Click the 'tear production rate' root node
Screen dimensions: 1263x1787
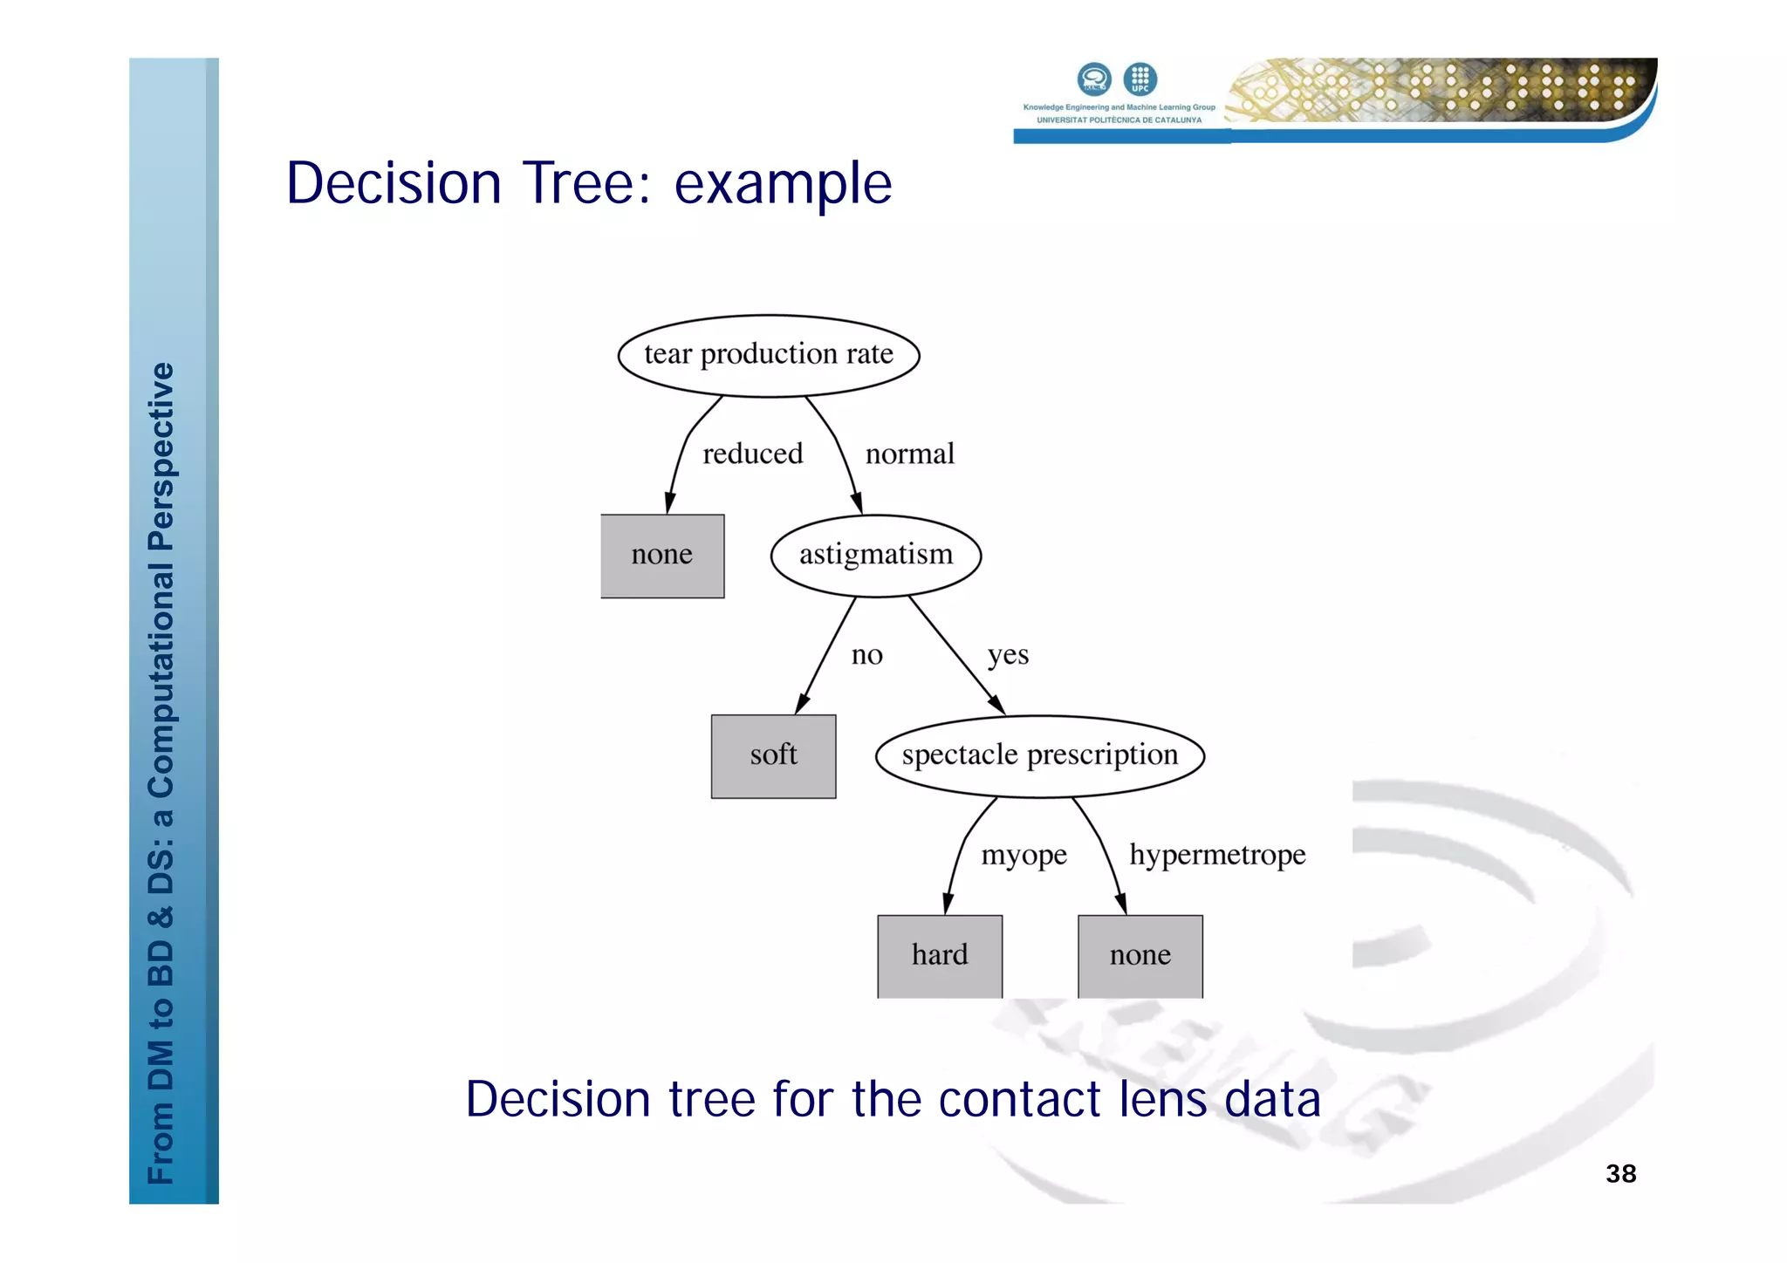tap(769, 355)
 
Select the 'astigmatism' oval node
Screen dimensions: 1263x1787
tap(876, 555)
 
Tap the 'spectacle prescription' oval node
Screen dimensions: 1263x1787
tap(1039, 755)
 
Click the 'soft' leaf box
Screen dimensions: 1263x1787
tap(773, 755)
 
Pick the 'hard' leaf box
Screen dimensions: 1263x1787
tap(940, 955)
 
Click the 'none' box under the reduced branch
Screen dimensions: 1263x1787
tap(662, 556)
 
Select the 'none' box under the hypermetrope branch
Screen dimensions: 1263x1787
tap(1140, 955)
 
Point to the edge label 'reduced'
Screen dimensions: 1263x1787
tap(752, 454)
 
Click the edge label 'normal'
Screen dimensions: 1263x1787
tap(909, 454)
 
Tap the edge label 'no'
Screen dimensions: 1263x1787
tap(866, 654)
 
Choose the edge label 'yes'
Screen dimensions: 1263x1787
tap(1008, 654)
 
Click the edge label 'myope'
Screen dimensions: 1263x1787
tap(1024, 855)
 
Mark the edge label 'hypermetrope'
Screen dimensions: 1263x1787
tap(1217, 855)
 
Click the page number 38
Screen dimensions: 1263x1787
tap(1620, 1173)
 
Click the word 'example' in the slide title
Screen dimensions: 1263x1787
tap(783, 184)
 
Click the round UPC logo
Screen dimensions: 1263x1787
tap(1140, 79)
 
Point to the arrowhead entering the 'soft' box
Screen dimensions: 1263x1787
tap(803, 703)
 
